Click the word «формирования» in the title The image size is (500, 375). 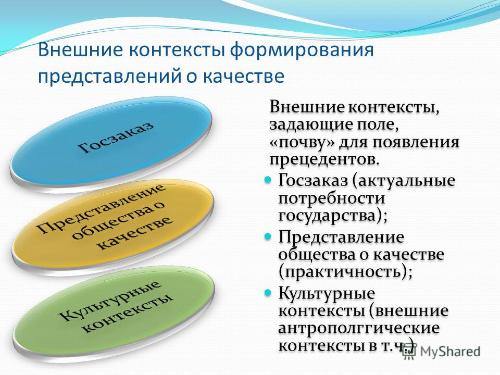click(x=302, y=51)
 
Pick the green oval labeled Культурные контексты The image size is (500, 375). click(x=113, y=308)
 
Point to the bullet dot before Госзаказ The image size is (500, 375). click(x=268, y=180)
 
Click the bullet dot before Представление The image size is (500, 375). click(x=268, y=236)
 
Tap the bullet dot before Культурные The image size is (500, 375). click(x=268, y=292)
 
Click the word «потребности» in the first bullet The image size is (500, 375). click(x=332, y=198)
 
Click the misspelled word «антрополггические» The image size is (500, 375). click(x=359, y=329)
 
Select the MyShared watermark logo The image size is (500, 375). click(x=441, y=352)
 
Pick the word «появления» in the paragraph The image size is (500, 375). click(x=416, y=142)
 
